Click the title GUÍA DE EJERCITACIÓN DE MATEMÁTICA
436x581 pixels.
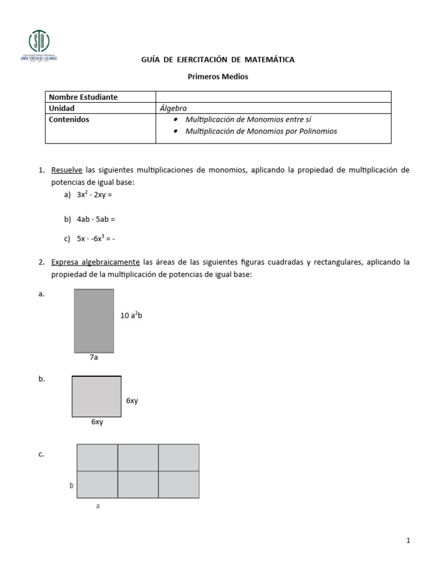click(x=217, y=60)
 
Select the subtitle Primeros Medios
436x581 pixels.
click(x=218, y=77)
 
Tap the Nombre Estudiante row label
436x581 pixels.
click(x=83, y=97)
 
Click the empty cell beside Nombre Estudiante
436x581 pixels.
click(x=273, y=97)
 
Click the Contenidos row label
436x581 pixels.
click(x=69, y=119)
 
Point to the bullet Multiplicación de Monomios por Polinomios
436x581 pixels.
click(x=261, y=131)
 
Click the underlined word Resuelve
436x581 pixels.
click(x=67, y=170)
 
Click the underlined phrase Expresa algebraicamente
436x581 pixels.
click(x=95, y=262)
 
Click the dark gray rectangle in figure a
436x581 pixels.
click(x=94, y=321)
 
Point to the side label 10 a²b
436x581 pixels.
click(x=131, y=315)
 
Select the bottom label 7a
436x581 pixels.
click(x=94, y=357)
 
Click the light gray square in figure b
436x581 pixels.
click(x=96, y=397)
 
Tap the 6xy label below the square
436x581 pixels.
click(x=97, y=422)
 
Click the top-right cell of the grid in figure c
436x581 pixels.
click(x=178, y=457)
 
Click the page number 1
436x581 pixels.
click(x=408, y=541)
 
